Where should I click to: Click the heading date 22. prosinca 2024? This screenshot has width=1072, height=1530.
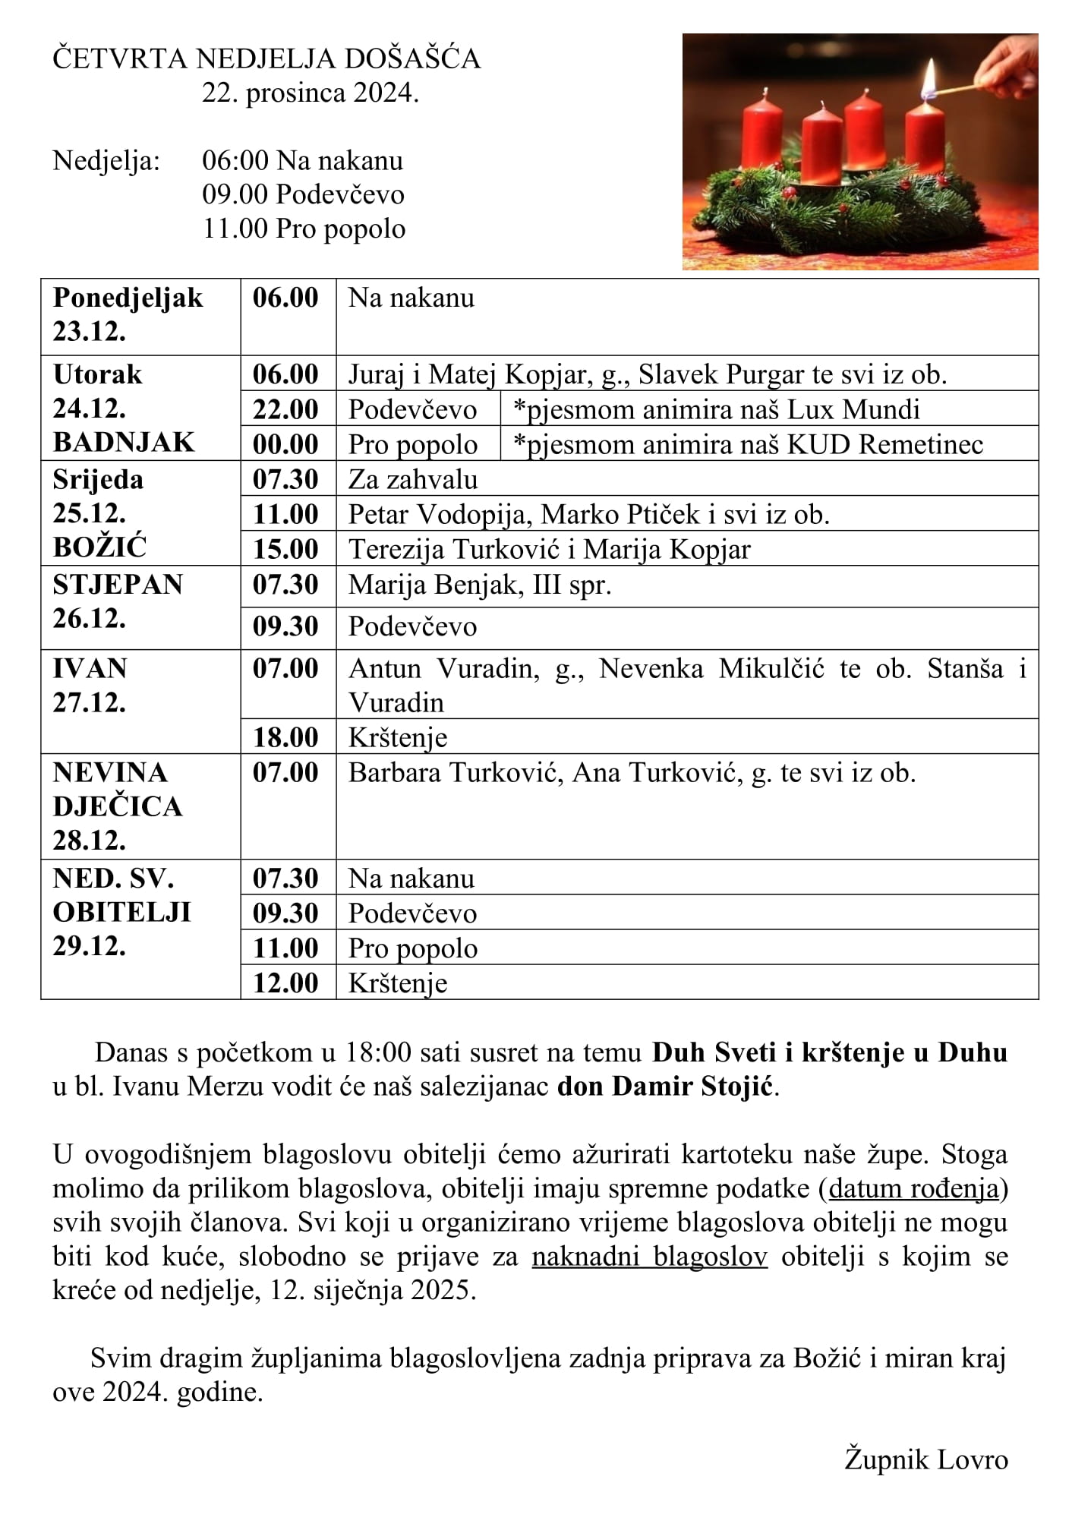pyautogui.click(x=310, y=93)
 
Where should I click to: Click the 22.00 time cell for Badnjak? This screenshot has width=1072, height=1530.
pyautogui.click(x=285, y=409)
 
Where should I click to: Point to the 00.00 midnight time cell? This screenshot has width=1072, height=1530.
pyautogui.click(x=285, y=444)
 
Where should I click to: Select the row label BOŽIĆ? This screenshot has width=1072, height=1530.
pyautogui.click(x=99, y=547)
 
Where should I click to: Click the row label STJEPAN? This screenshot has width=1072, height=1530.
pyautogui.click(x=118, y=584)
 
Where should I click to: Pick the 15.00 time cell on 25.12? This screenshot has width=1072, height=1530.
pyautogui.click(x=285, y=549)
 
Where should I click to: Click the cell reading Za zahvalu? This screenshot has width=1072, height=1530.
pyautogui.click(x=413, y=480)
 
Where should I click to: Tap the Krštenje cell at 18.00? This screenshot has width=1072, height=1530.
pyautogui.click(x=398, y=737)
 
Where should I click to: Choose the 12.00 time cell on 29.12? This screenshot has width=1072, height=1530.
pyautogui.click(x=285, y=983)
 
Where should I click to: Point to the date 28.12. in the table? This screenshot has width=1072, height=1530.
pyautogui.click(x=89, y=840)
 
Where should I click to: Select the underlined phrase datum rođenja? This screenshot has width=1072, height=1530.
pyautogui.click(x=914, y=1188)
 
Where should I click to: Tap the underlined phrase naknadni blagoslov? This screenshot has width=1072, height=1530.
pyautogui.click(x=649, y=1257)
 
